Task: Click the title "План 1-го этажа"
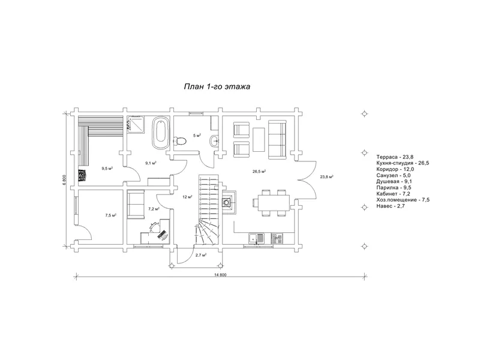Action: [217, 86]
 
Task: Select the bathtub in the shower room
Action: [160, 133]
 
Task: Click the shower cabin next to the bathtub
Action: [136, 125]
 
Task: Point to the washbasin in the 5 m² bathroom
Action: [214, 141]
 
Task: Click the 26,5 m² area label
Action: [259, 172]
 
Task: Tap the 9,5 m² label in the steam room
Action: [107, 169]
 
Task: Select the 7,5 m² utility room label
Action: [110, 215]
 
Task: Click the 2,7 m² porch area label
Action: [200, 254]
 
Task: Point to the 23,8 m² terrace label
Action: [326, 176]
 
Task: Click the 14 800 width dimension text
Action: [220, 275]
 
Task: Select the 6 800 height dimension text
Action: [64, 180]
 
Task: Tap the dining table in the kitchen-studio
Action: [271, 203]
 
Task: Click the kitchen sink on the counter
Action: [257, 238]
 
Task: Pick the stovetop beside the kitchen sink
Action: [277, 238]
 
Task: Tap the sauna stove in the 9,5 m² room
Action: [83, 176]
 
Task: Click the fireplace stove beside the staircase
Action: [227, 202]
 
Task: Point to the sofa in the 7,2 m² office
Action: [135, 204]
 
